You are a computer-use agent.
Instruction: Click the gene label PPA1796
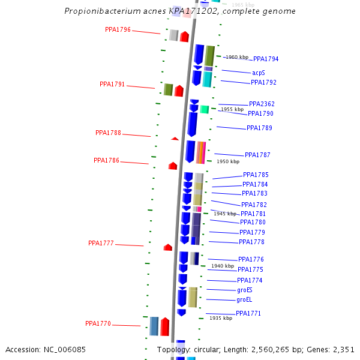click(118, 29)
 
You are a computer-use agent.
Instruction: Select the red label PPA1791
click(112, 85)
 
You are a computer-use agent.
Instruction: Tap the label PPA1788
click(108, 133)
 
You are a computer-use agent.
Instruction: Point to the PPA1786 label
click(106, 161)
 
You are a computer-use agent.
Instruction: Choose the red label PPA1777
click(101, 243)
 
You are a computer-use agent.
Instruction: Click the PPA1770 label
click(98, 324)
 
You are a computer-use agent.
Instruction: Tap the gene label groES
click(245, 290)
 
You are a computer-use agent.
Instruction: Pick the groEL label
click(244, 299)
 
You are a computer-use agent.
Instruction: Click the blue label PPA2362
click(262, 104)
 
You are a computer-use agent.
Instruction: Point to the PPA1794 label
click(266, 59)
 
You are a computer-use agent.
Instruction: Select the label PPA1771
click(248, 314)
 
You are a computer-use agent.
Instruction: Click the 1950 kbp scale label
click(228, 161)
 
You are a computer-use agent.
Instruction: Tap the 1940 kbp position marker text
click(223, 266)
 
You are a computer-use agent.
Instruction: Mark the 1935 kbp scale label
click(221, 318)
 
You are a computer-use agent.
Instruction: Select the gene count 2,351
click(342, 350)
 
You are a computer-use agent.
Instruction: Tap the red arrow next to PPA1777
click(168, 247)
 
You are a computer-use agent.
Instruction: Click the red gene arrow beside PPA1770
click(165, 326)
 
